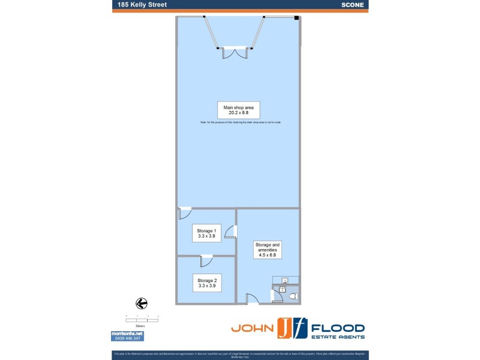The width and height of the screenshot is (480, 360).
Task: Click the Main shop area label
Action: pos(238,109)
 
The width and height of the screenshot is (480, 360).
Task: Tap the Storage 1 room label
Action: pos(206,233)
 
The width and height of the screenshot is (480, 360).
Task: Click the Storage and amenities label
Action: pos(268,250)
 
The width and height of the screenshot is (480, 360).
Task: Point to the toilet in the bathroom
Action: pos(292,296)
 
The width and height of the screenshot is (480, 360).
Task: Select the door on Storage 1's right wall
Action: pos(232,232)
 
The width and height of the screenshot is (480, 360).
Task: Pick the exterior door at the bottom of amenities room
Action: pos(253,299)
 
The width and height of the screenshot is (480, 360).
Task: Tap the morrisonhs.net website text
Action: pos(127,334)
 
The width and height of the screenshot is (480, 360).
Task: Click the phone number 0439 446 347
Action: pos(127,338)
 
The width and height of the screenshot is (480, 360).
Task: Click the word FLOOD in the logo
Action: pos(338,328)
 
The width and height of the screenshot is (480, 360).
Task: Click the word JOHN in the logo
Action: pos(253,329)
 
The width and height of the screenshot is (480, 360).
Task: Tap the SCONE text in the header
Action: pos(352,5)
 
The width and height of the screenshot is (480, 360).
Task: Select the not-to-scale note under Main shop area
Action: pos(240,122)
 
